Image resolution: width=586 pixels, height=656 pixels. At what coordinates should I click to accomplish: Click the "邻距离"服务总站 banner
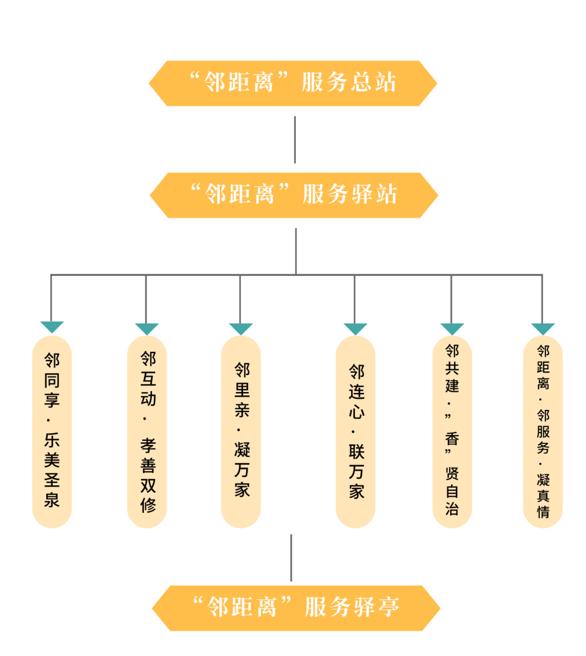point(293,83)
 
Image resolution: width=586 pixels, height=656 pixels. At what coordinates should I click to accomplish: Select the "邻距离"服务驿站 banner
point(294,195)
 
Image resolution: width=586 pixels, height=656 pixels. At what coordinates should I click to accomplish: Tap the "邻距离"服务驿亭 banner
point(296,608)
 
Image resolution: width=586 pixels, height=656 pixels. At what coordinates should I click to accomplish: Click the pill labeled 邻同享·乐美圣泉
point(52,432)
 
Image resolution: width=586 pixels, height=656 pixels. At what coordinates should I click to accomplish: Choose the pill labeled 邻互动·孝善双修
point(147,432)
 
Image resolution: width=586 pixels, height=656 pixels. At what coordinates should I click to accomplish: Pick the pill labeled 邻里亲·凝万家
point(241,432)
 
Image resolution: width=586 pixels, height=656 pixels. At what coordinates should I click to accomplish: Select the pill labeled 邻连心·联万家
point(355,432)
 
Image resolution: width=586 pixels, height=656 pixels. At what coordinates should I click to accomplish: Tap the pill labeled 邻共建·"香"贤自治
point(452,432)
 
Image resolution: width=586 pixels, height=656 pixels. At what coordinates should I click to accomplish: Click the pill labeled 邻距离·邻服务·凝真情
point(543,432)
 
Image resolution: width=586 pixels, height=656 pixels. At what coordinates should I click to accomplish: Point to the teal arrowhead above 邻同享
point(52,326)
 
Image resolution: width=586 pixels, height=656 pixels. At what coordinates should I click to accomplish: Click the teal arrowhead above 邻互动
point(146,329)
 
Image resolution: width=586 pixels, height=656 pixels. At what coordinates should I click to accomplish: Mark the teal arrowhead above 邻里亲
point(241,329)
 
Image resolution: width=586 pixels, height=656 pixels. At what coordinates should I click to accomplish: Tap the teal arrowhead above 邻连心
point(355,329)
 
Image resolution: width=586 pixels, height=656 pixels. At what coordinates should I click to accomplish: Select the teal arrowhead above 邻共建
point(452,329)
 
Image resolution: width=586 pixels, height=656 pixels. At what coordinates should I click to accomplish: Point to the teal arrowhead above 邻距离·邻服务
point(543,329)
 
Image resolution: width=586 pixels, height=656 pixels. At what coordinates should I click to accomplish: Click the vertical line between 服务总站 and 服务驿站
point(295,139)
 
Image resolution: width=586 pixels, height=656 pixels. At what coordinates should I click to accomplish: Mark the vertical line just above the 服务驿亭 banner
point(291,557)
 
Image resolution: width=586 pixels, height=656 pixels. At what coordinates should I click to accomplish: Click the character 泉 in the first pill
point(52,499)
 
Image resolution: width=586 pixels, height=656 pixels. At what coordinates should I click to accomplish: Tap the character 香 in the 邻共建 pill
point(452,438)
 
